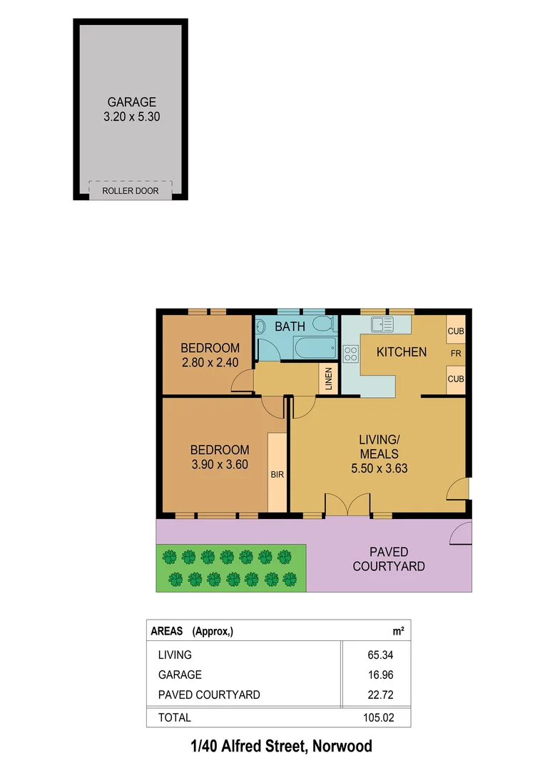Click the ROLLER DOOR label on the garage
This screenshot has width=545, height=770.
tap(130, 191)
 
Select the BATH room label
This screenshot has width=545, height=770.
tap(290, 326)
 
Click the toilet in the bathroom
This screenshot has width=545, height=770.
tap(324, 325)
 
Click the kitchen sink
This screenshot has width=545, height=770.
tap(382, 324)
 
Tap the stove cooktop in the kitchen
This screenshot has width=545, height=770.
tap(350, 354)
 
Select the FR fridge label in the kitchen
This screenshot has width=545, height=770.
tap(455, 352)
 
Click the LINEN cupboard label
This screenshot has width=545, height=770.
tap(328, 379)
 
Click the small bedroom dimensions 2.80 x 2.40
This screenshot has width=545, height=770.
tap(210, 362)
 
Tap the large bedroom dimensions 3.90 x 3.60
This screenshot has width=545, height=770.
tap(220, 464)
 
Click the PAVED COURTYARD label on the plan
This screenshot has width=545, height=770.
tap(389, 559)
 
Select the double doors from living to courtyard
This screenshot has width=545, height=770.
tap(347, 504)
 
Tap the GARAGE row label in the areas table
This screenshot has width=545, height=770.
tap(179, 674)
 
